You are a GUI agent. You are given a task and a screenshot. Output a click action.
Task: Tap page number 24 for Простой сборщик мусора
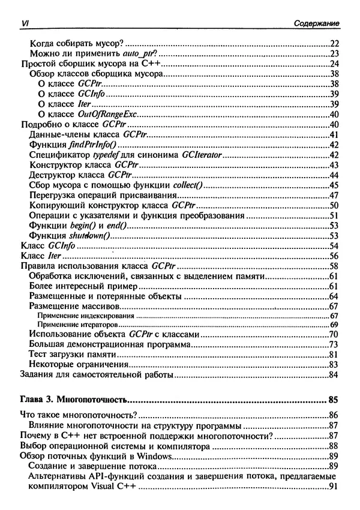point(335,64)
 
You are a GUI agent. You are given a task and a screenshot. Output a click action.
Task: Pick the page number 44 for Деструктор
point(335,175)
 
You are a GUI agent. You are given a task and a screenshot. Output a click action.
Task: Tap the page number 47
point(335,195)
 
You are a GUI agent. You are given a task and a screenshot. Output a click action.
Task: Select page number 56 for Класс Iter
point(335,256)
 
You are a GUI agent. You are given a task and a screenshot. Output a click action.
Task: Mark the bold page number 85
point(334,399)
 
